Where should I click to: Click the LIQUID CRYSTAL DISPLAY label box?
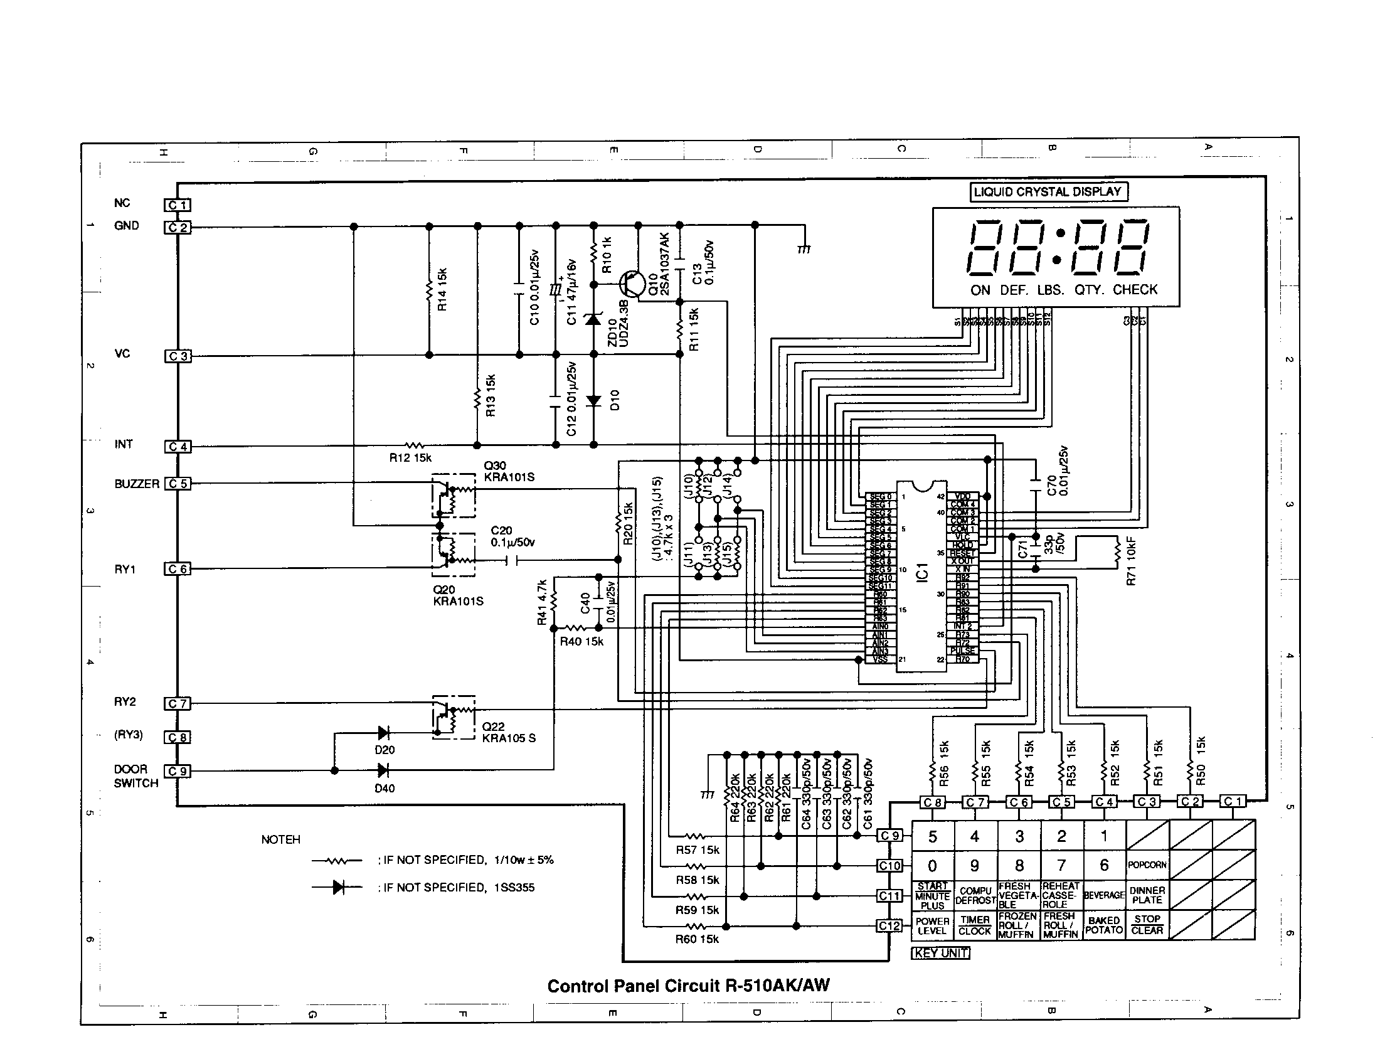pos(1048,192)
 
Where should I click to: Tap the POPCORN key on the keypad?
pos(1147,865)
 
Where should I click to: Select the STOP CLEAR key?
pos(1147,925)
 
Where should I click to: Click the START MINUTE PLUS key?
pos(933,895)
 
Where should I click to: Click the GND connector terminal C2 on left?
pos(178,228)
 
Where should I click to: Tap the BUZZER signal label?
pos(137,484)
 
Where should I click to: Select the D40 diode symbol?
pos(383,770)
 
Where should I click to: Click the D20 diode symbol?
pos(383,733)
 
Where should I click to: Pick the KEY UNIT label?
pos(940,954)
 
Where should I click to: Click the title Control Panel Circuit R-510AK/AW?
pos(688,986)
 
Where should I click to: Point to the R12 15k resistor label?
pos(410,458)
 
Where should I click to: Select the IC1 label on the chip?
pos(922,572)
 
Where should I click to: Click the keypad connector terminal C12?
pos(889,925)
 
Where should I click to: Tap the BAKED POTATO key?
pos(1104,925)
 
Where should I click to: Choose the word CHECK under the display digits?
pos(1135,290)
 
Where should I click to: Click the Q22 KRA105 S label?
pos(509,732)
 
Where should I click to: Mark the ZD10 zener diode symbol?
pos(593,320)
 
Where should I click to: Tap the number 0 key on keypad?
pos(933,866)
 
